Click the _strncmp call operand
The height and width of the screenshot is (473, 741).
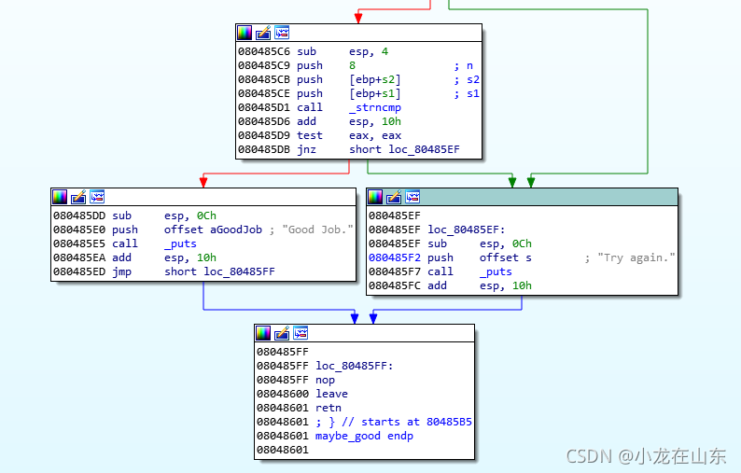375,107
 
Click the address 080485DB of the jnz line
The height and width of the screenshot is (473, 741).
264,149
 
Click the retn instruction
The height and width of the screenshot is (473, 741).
328,408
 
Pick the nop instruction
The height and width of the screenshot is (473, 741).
325,380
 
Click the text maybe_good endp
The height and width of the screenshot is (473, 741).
364,436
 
